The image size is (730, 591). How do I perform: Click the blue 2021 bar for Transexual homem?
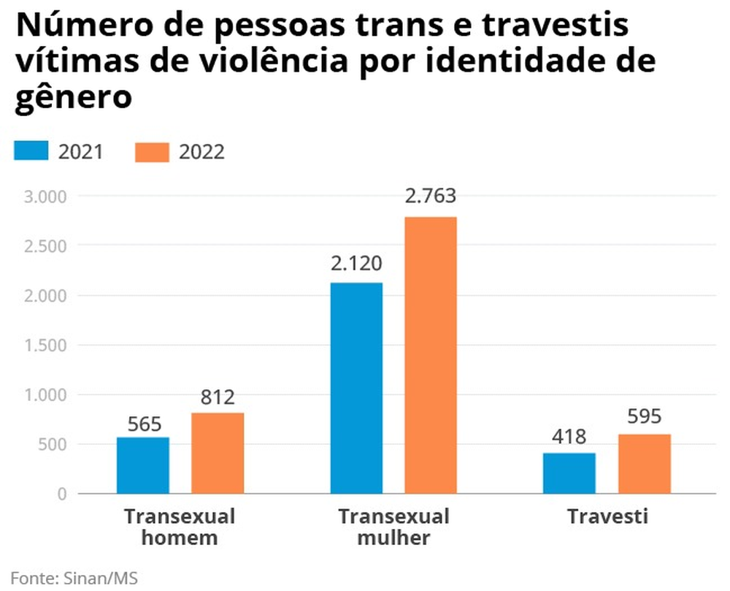pyautogui.click(x=143, y=465)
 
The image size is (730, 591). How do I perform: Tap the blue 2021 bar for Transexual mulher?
pyautogui.click(x=356, y=388)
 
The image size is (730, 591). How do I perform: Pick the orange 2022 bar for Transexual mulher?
pyautogui.click(x=431, y=355)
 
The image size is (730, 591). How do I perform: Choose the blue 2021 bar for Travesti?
pyautogui.click(x=569, y=473)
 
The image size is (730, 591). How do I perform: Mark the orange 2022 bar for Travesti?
pyautogui.click(x=644, y=464)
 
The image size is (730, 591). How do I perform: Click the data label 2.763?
pyautogui.click(x=431, y=197)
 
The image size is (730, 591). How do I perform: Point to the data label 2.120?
pyautogui.click(x=356, y=264)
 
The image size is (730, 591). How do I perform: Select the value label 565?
pyautogui.click(x=144, y=424)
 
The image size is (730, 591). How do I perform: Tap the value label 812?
pyautogui.click(x=218, y=398)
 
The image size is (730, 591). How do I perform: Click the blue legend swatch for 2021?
pyautogui.click(x=31, y=151)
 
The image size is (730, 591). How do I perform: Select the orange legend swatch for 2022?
pyautogui.click(x=152, y=151)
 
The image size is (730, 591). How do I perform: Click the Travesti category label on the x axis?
pyautogui.click(x=608, y=516)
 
